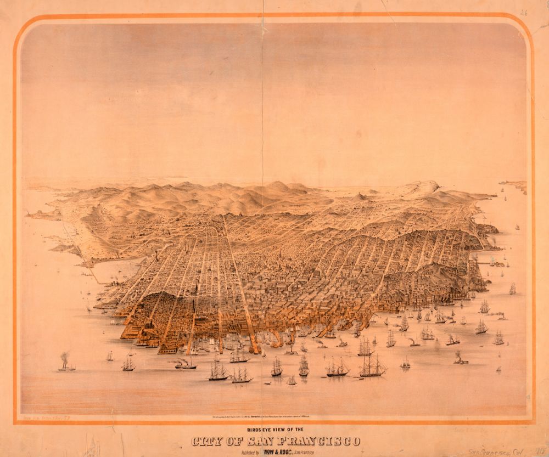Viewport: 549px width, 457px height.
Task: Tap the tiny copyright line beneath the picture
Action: click(274, 418)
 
